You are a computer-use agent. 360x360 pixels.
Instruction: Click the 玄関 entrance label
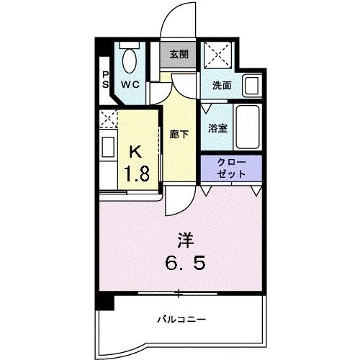[x=179, y=53]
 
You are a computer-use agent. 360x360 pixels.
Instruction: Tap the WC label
[x=130, y=84]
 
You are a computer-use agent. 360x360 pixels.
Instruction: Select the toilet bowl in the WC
[x=130, y=60]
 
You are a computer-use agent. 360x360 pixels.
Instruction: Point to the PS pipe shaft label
[x=105, y=80]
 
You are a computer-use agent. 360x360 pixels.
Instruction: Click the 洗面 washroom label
[x=221, y=84]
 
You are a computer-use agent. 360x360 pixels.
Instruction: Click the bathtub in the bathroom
[x=248, y=127]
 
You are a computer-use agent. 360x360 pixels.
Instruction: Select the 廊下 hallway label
[x=179, y=133]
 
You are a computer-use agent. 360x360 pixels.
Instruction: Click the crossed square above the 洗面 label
[x=215, y=55]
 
